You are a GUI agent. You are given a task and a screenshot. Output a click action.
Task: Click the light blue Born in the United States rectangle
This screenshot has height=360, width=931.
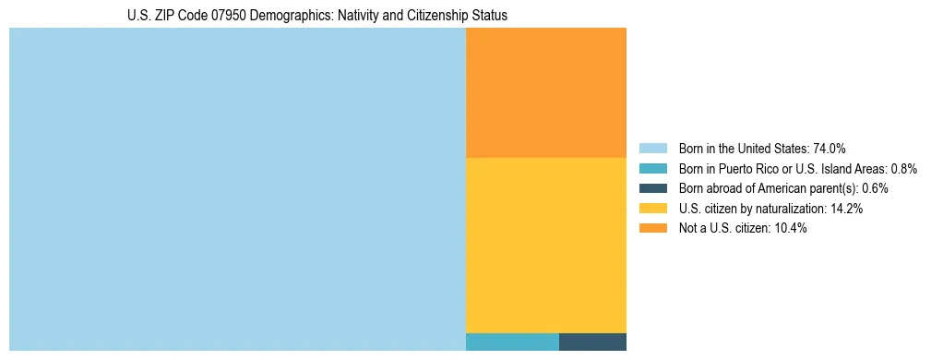coord(237,189)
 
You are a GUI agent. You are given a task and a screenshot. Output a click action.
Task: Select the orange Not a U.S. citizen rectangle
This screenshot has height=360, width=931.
coord(546,92)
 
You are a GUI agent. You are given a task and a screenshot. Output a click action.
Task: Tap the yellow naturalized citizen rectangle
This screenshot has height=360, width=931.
coord(546,245)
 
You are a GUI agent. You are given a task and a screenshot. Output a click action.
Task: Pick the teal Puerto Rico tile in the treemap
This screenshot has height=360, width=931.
coord(512,342)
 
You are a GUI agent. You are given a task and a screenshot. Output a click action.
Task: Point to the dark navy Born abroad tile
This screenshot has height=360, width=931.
coord(592,342)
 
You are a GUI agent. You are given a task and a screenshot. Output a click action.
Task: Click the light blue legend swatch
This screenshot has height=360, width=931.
coord(652,149)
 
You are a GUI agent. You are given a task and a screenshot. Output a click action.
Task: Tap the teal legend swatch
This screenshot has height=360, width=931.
coord(652,169)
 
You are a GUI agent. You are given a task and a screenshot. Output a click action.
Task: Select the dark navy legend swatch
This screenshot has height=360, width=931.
coord(652,188)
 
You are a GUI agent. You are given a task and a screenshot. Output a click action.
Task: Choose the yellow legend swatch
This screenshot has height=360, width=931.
coord(652,209)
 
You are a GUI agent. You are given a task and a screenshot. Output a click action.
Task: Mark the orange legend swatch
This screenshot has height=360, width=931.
coord(652,228)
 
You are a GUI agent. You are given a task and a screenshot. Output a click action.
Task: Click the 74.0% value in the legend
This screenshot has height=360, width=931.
coord(830,149)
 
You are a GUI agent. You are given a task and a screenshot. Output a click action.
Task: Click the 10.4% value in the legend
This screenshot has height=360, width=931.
coord(791,228)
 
